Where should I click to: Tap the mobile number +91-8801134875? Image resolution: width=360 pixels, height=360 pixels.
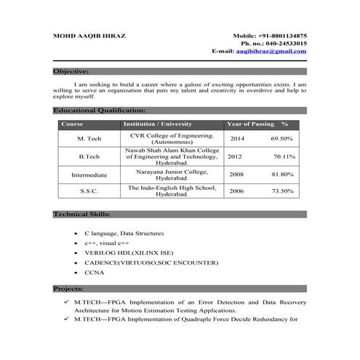click(280, 36)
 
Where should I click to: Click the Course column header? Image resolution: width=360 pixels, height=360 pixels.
click(73, 124)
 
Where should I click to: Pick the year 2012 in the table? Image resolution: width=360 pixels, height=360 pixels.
click(235, 156)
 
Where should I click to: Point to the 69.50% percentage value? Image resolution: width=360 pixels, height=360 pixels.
click(281, 138)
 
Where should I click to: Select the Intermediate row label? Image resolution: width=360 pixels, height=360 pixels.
click(89, 175)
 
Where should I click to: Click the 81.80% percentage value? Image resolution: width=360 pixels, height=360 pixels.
click(282, 175)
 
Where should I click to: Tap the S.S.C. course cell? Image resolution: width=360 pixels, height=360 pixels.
click(89, 191)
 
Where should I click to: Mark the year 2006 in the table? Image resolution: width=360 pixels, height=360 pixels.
click(237, 191)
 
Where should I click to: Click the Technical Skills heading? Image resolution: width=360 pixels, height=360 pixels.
click(82, 215)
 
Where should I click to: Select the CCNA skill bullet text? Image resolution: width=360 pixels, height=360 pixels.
click(95, 272)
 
